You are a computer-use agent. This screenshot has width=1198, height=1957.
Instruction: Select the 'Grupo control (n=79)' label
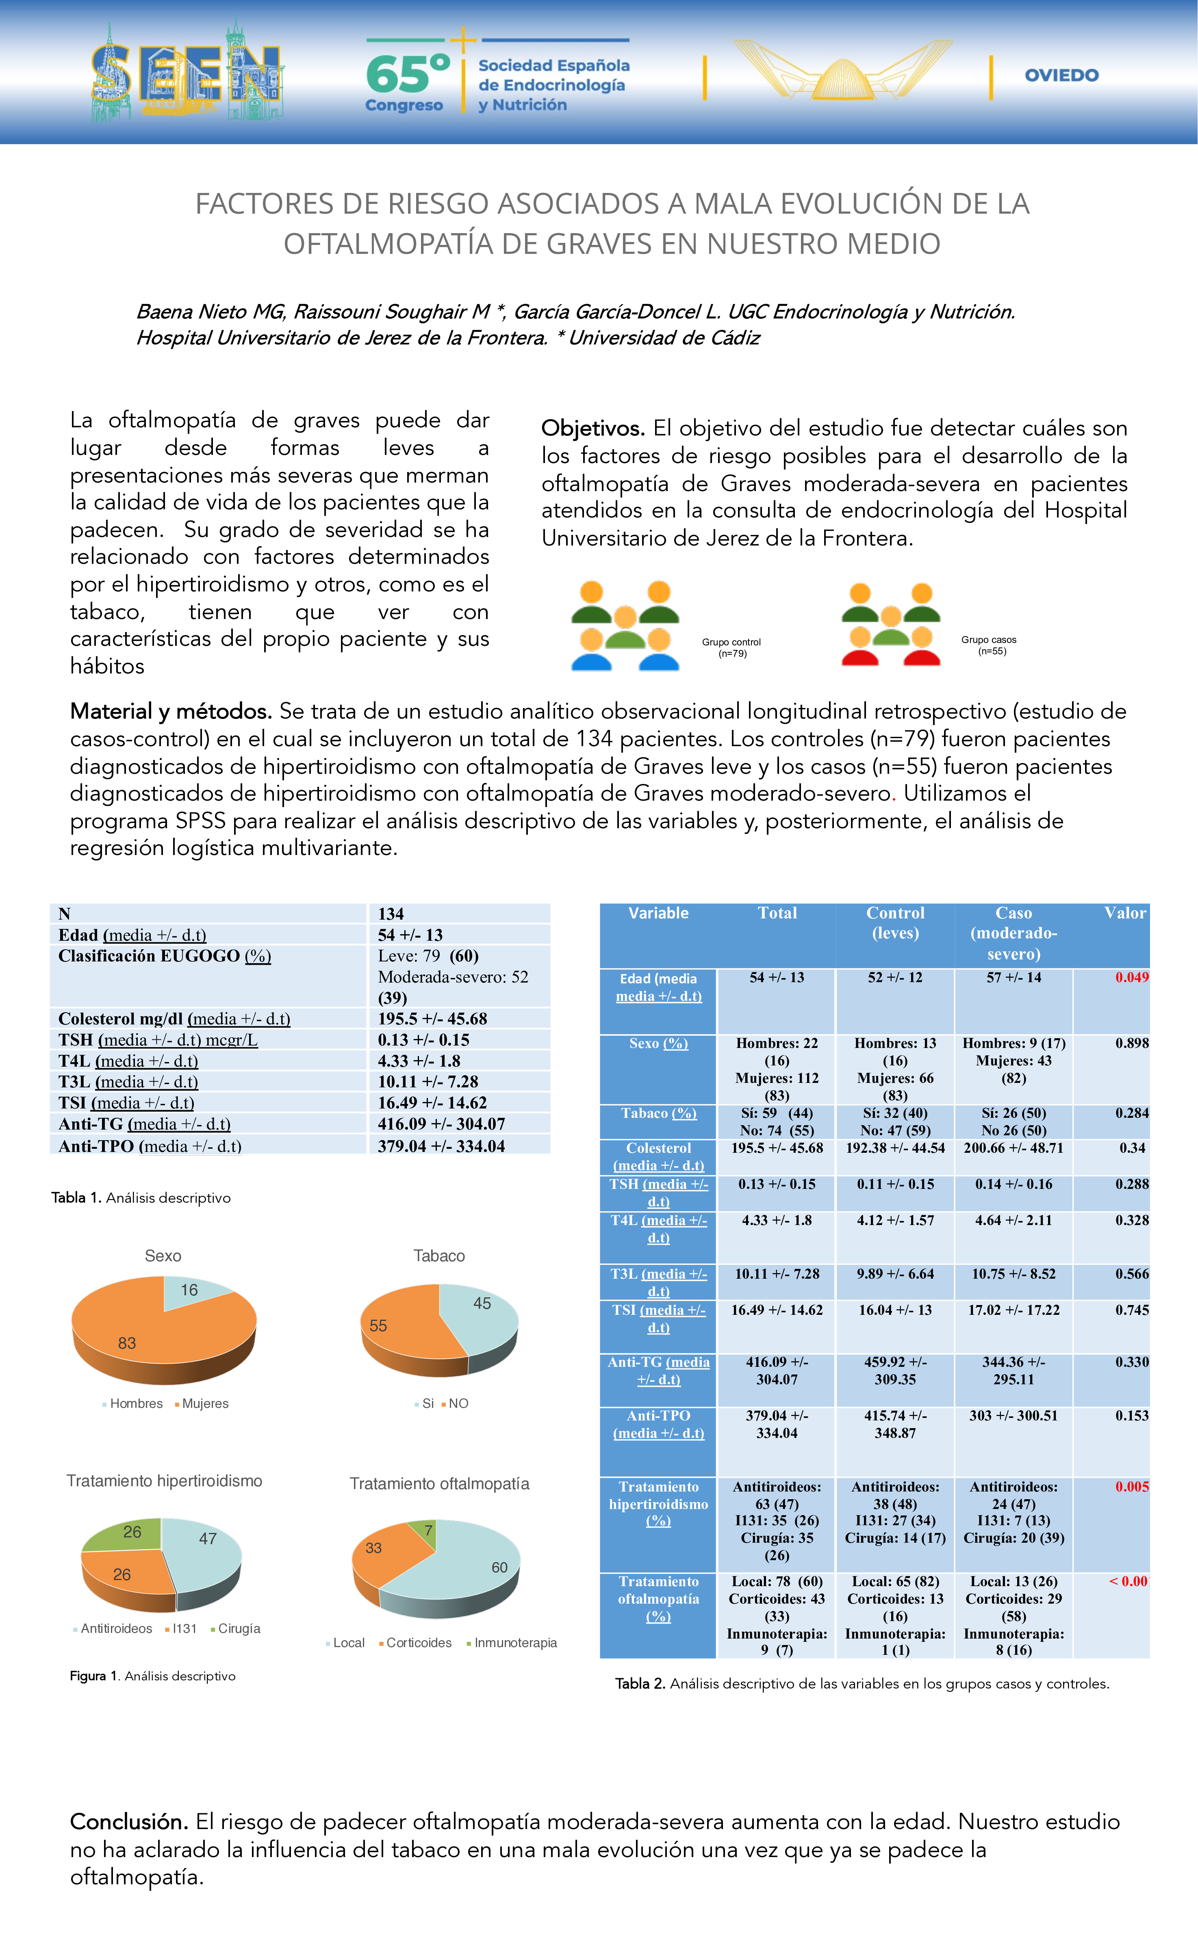tap(731, 647)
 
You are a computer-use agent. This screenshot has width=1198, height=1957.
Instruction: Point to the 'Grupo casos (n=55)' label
tap(989, 645)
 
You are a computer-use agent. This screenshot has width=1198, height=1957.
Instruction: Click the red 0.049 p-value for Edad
tap(1131, 978)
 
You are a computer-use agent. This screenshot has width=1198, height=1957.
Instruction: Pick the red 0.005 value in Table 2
tap(1131, 1486)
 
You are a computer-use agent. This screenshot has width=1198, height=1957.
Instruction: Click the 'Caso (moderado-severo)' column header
tap(1013, 933)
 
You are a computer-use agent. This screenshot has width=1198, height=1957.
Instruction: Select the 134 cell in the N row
tap(391, 914)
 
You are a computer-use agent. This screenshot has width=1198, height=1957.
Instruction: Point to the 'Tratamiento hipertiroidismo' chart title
tap(165, 1481)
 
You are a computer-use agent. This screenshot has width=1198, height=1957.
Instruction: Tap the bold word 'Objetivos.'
tap(592, 428)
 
